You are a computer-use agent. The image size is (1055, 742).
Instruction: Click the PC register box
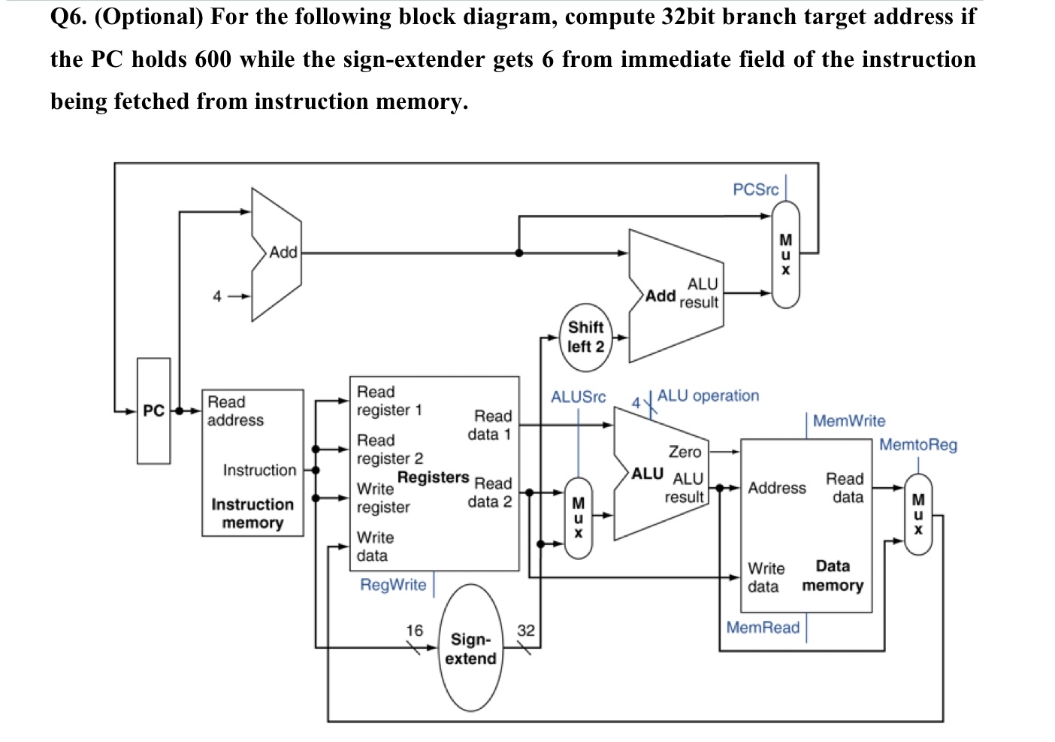click(153, 410)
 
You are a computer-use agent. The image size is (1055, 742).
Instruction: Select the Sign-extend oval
click(470, 649)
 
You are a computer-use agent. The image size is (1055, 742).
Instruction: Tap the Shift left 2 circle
click(585, 337)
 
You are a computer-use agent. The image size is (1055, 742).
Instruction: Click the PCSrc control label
click(755, 189)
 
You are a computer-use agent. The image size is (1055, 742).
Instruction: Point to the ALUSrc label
click(578, 397)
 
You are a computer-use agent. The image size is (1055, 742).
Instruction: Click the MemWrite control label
click(848, 421)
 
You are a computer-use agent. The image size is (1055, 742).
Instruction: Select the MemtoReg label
click(917, 444)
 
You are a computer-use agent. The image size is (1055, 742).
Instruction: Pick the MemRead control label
click(763, 628)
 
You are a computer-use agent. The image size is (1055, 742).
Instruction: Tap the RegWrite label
click(393, 585)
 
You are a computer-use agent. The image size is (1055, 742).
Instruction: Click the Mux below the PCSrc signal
click(785, 254)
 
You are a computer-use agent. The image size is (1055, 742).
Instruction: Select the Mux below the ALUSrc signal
click(578, 517)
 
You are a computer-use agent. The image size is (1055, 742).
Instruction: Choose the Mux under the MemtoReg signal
click(917, 513)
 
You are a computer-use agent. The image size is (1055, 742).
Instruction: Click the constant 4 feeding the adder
click(217, 296)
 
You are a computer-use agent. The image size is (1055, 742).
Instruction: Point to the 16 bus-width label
click(414, 631)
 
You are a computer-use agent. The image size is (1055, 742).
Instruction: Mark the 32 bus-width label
click(526, 631)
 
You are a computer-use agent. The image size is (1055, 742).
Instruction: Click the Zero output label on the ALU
click(685, 452)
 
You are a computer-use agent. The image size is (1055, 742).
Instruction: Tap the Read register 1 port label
click(389, 401)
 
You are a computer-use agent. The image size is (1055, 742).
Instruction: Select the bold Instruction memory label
click(252, 513)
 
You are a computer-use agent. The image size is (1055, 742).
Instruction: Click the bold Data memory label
click(833, 576)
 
